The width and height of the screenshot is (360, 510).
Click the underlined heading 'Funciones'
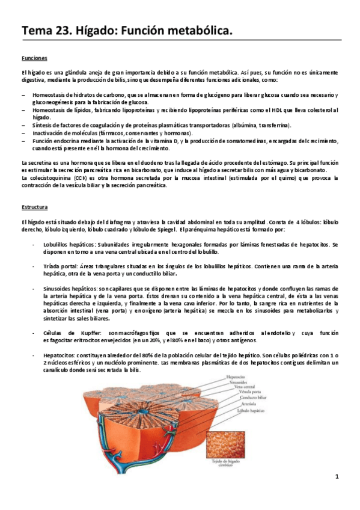(34, 58)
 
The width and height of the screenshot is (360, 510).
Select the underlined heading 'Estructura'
(34, 207)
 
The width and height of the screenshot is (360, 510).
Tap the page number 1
(337, 476)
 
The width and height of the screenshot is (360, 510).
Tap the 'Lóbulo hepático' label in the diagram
(239, 408)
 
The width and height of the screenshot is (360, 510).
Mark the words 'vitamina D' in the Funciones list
(168, 140)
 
